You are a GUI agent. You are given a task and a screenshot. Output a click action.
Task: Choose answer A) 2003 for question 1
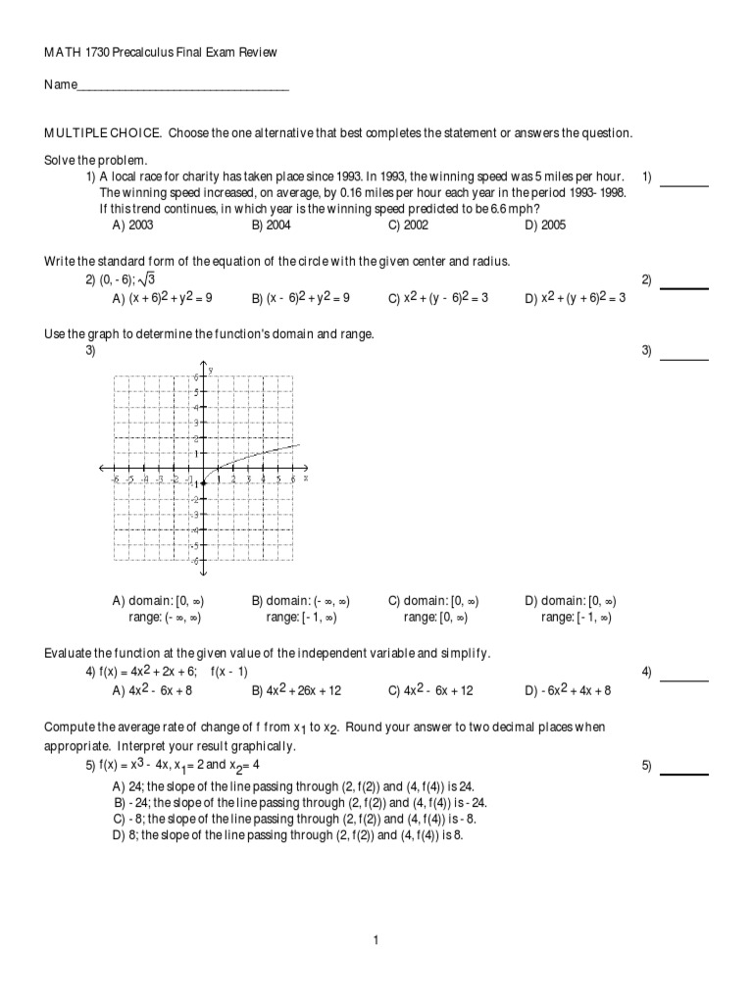132,225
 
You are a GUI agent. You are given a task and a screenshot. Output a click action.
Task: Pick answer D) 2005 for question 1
544,225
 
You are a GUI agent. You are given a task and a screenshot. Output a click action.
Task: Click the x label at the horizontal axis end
306,478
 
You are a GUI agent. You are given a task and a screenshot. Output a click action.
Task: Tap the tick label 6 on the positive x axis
292,479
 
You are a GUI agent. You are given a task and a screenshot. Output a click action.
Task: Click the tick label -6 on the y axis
195,560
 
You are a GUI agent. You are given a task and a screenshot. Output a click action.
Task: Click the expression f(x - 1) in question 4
229,672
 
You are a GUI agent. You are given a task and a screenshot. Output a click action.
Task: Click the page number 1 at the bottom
376,940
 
